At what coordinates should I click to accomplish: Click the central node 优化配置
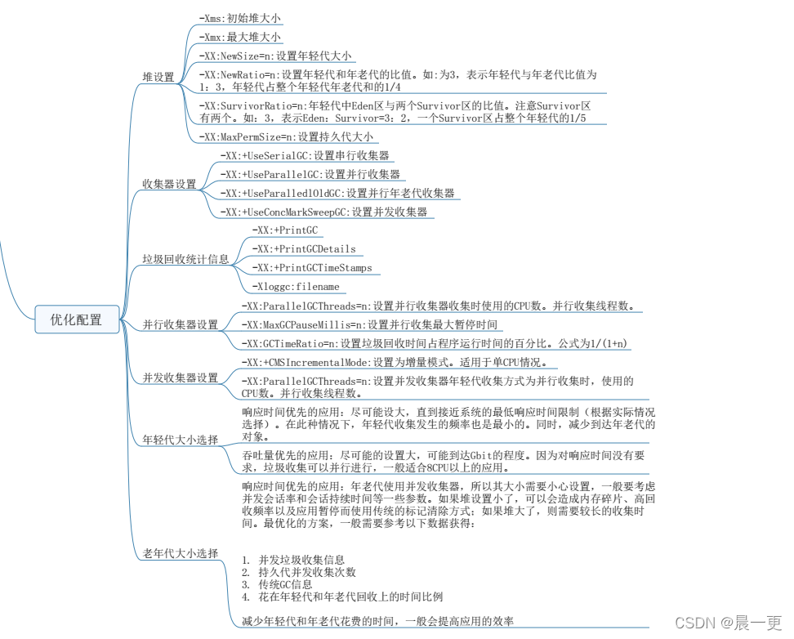[x=77, y=319]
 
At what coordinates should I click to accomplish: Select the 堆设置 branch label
[x=158, y=77]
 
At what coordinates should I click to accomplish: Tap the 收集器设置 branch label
[x=169, y=184]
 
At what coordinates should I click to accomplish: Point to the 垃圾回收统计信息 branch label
[x=185, y=259]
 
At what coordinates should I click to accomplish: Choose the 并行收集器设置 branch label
[x=181, y=324]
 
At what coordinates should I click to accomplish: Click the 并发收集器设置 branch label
[x=181, y=378]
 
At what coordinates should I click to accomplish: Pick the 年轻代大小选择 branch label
[x=181, y=440]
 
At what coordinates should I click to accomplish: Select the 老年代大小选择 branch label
[x=181, y=553]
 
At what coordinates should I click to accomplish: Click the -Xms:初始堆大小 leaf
[x=240, y=17]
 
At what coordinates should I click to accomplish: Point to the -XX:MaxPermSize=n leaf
[x=286, y=137]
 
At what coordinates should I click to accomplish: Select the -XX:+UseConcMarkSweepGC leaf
[x=323, y=212]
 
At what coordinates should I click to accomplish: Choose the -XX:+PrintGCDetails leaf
[x=304, y=248]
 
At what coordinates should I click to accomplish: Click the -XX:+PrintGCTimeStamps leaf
[x=312, y=267]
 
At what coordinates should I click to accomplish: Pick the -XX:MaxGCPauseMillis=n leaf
[x=368, y=324]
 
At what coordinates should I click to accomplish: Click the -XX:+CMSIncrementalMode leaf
[x=394, y=362]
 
